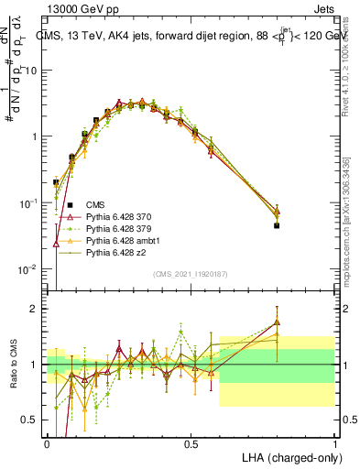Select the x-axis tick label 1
(x=334, y=443)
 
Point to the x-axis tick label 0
(x=47, y=443)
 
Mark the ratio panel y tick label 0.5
(x=30, y=420)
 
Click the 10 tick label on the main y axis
(x=30, y=70)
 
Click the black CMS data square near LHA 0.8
(x=277, y=225)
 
